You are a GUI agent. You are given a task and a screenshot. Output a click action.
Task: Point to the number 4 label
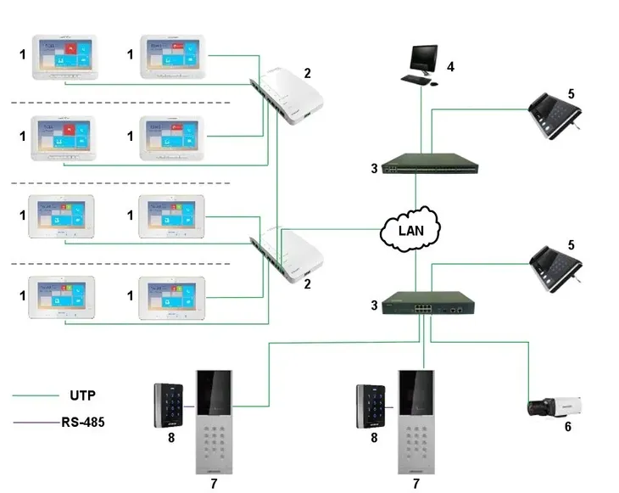451,66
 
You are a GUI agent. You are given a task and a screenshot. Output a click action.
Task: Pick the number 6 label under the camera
567,427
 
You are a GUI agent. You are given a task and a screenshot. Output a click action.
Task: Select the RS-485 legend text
82,421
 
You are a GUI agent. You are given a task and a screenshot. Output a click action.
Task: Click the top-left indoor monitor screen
64,57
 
